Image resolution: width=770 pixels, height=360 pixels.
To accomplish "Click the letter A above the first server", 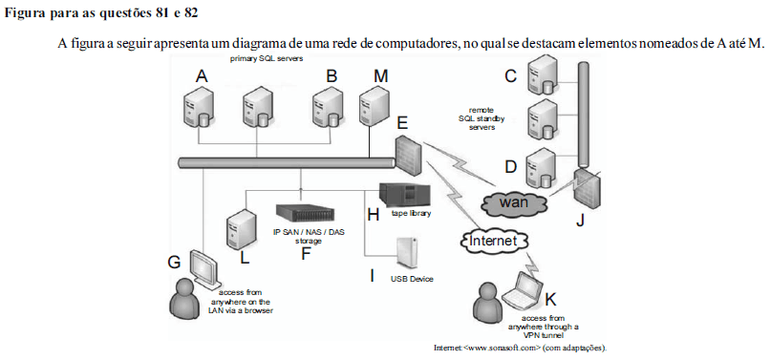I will (201, 75).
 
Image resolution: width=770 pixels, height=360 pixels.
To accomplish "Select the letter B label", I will (332, 75).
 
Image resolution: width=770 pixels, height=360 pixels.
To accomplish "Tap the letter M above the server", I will (381, 75).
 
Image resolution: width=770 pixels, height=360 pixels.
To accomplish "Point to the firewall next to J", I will (585, 190).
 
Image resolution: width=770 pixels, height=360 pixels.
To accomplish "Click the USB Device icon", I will (406, 253).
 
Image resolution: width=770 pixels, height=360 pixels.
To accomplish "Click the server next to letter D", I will (544, 166).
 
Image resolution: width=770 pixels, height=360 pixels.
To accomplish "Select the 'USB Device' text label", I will (412, 279).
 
